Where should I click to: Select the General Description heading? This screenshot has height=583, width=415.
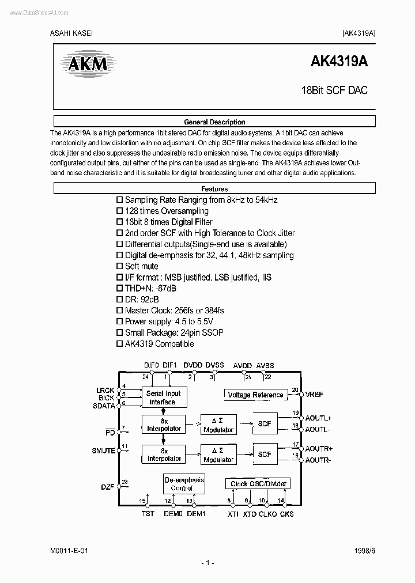(214, 122)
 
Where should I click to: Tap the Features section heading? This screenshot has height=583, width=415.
(214, 189)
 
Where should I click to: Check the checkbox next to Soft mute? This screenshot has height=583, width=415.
(120, 266)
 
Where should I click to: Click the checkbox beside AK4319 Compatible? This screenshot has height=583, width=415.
(120, 344)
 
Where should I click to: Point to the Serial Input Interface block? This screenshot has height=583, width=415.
(164, 398)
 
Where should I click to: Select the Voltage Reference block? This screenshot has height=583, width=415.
(255, 395)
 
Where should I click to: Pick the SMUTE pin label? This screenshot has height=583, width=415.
(104, 451)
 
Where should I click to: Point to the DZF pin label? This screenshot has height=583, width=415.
(108, 487)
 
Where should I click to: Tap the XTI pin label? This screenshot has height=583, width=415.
(233, 513)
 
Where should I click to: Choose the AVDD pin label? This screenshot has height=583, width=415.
(243, 365)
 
